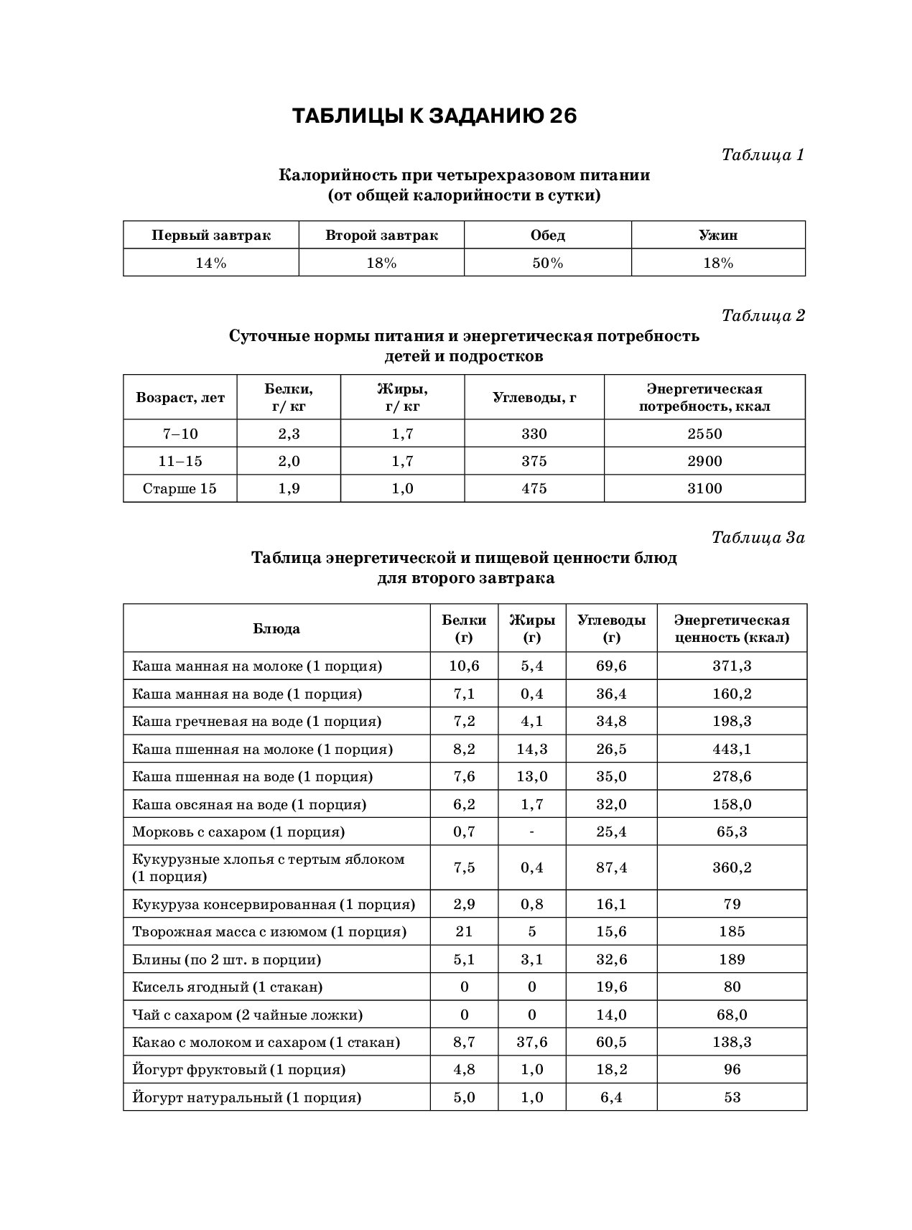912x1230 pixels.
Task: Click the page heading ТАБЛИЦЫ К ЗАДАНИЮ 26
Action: pos(434,116)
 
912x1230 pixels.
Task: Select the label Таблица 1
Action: pos(762,154)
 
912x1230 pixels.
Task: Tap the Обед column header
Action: pos(547,236)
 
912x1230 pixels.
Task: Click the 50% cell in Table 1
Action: pos(547,263)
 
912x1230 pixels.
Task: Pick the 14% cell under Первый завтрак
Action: pos(210,263)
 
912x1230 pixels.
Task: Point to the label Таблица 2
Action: pos(763,315)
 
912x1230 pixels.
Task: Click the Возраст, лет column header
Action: pos(180,397)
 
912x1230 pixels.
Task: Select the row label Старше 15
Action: pos(180,488)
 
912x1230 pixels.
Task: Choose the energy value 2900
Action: pos(704,461)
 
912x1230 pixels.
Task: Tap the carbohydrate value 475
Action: pos(534,488)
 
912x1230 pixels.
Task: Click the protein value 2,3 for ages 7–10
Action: pos(289,434)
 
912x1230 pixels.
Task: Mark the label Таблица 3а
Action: pos(758,537)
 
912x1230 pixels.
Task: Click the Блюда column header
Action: pos(276,628)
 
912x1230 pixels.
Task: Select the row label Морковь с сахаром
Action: pos(238,832)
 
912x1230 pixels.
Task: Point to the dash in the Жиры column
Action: pos(531,832)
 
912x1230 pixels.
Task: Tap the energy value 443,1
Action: pos(732,749)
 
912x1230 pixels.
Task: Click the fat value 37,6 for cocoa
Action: pos(531,1042)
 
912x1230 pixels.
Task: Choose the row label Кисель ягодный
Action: pos(227,987)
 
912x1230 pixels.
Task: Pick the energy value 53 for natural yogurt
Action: pos(732,1097)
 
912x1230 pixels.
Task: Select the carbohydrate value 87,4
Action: pos(611,867)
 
